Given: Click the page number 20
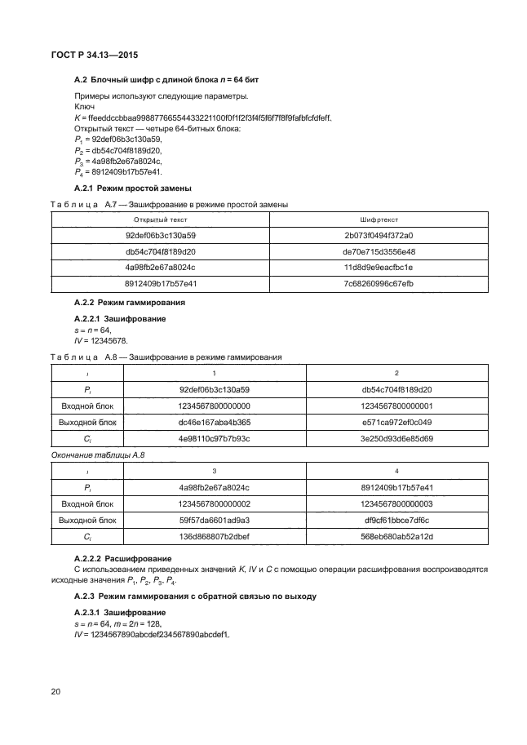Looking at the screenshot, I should coord(55,692).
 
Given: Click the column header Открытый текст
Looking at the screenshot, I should coord(160,220).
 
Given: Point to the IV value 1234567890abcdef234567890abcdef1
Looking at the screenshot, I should coord(154,635).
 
